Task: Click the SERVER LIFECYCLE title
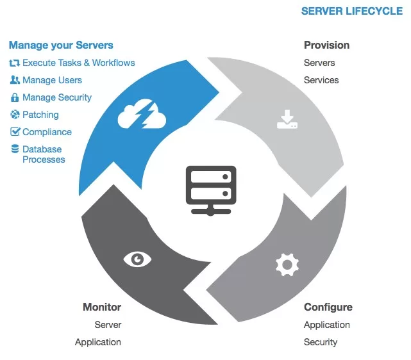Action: (x=352, y=11)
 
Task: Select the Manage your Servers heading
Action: (x=61, y=45)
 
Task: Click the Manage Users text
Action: (x=52, y=80)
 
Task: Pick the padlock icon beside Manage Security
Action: (x=15, y=97)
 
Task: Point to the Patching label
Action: (x=40, y=115)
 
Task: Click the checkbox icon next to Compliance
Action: (x=15, y=132)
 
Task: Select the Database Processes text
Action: (x=43, y=154)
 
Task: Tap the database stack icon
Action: (x=15, y=149)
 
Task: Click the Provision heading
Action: (x=326, y=45)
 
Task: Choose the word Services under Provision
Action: (x=321, y=80)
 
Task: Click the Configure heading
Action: (x=328, y=307)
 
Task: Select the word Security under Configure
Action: (x=321, y=342)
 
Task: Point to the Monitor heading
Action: (x=102, y=307)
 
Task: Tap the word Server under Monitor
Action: (x=108, y=325)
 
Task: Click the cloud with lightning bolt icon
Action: (x=142, y=117)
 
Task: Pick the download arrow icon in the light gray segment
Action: (x=287, y=119)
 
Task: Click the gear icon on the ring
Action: (x=287, y=264)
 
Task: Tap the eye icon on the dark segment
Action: (x=137, y=259)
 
